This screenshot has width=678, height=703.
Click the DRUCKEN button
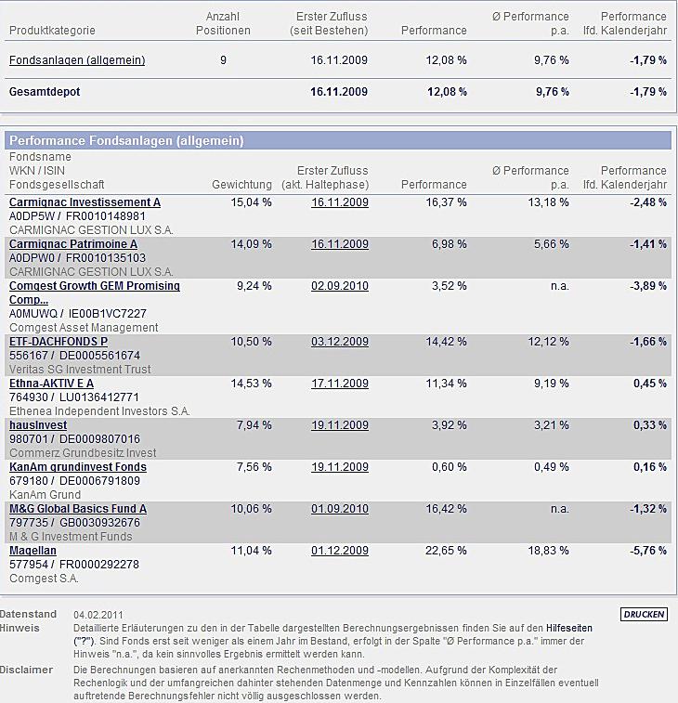tap(643, 615)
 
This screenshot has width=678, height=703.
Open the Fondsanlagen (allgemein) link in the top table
tap(77, 60)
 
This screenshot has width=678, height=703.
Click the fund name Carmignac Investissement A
tap(85, 202)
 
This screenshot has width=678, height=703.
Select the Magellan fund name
tap(33, 551)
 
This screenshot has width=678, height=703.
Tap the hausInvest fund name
tap(38, 425)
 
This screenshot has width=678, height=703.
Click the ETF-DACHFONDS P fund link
tap(59, 342)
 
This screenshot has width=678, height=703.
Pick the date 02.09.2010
tap(340, 286)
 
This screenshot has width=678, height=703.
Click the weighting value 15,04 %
tap(251, 202)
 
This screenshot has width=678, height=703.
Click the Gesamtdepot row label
tap(44, 92)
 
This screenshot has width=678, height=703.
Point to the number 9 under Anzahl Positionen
tap(223, 60)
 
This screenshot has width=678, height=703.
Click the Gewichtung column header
tap(241, 185)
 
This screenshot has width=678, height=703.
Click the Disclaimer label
tap(25, 670)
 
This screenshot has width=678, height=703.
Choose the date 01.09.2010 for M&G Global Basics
tap(340, 509)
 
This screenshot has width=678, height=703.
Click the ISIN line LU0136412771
tap(103, 397)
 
